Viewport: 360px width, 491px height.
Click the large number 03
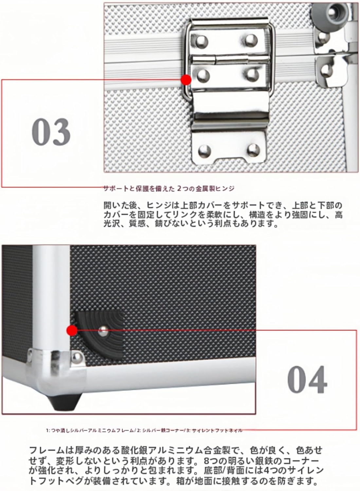point(51,132)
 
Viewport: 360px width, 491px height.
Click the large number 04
point(307,380)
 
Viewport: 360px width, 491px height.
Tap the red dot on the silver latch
point(186,80)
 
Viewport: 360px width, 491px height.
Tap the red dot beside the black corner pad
point(71,330)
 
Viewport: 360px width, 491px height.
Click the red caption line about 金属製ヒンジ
point(169,188)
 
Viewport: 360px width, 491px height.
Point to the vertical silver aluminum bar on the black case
point(51,295)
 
